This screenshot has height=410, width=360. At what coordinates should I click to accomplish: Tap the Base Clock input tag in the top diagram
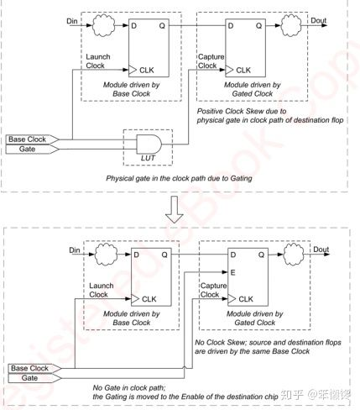[28, 138]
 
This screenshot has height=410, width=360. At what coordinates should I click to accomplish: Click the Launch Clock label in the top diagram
[98, 61]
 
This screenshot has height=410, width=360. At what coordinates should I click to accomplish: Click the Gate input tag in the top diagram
[21, 149]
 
